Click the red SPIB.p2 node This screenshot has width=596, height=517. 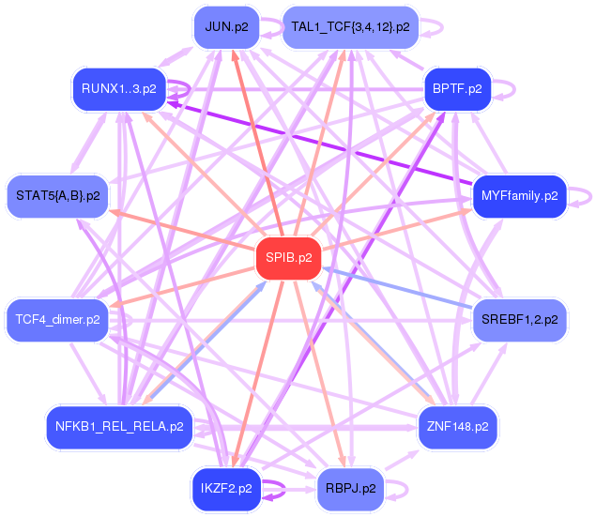pyautogui.click(x=288, y=258)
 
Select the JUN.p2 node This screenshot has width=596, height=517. pyautogui.click(x=226, y=27)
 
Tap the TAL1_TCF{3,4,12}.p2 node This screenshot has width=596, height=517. pyautogui.click(x=350, y=27)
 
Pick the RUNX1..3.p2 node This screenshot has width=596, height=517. pyautogui.click(x=119, y=89)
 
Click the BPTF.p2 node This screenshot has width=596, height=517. pyautogui.click(x=457, y=89)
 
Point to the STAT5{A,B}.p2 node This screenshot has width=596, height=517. pyautogui.click(x=58, y=196)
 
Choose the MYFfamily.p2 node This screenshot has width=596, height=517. pyautogui.click(x=520, y=196)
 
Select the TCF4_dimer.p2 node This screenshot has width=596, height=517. pyautogui.click(x=57, y=320)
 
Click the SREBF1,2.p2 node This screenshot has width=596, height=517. pyautogui.click(x=520, y=320)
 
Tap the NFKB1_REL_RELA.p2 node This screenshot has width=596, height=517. pyautogui.click(x=119, y=427)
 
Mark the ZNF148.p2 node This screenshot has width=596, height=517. pyautogui.click(x=458, y=427)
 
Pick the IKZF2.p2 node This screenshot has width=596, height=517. pyautogui.click(x=226, y=489)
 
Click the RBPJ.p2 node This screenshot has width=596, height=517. pyautogui.click(x=350, y=489)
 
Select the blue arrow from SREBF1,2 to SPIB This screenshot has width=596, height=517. pyautogui.click(x=398, y=288)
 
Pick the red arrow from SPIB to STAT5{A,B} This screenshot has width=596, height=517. pyautogui.click(x=182, y=230)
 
